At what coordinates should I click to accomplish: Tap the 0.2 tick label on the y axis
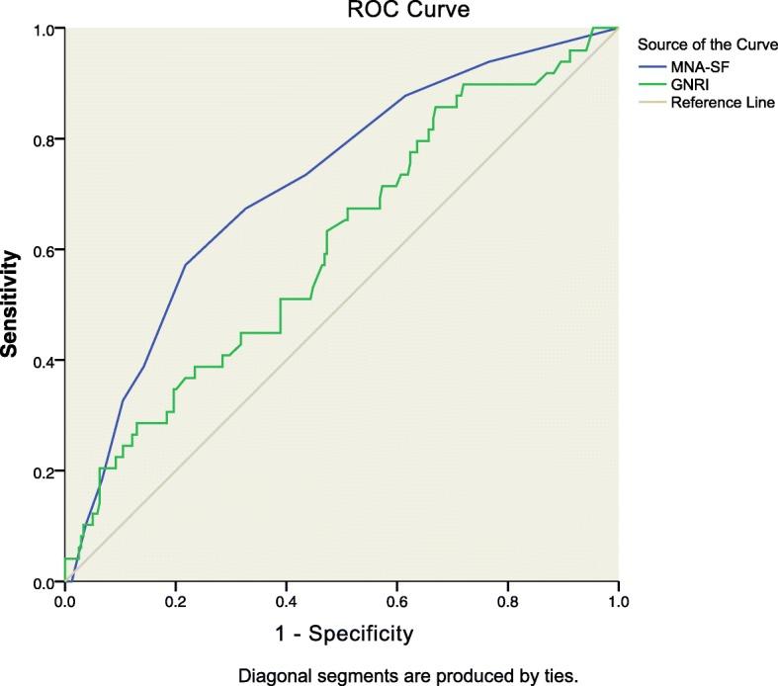pos(43,472)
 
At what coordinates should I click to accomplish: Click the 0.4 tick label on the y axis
pos(43,361)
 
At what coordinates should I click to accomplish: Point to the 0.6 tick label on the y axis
pos(43,250)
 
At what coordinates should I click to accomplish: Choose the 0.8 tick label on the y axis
pos(43,139)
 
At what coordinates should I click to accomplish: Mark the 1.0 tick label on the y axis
pos(43,29)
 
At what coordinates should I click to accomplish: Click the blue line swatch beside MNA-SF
pos(651,66)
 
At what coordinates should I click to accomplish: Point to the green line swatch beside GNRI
pos(651,84)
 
